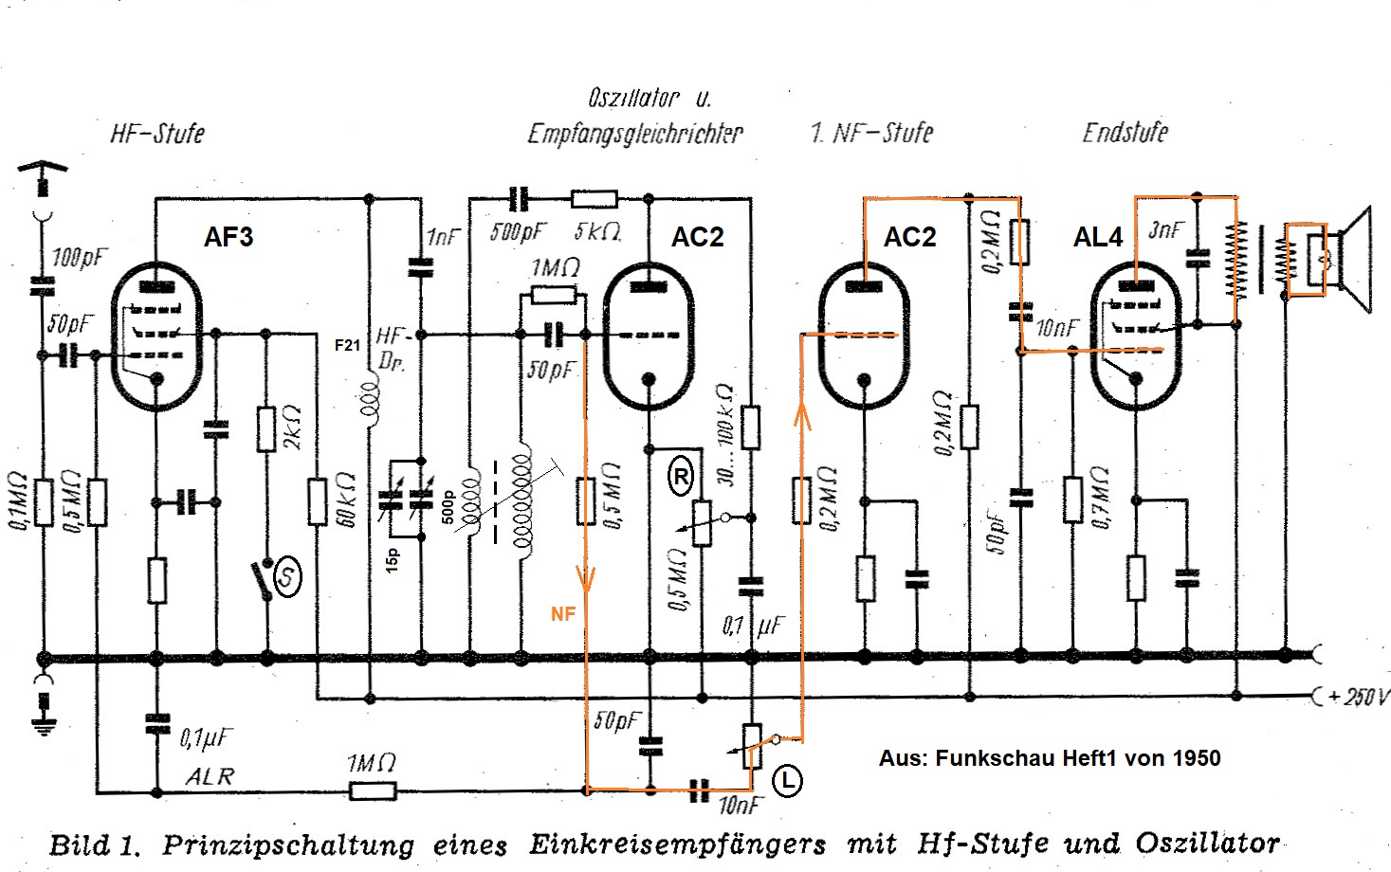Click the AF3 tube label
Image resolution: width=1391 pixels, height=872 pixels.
[x=229, y=237]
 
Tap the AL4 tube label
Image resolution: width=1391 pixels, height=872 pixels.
[x=1098, y=237]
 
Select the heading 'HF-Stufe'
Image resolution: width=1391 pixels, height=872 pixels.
[x=157, y=133]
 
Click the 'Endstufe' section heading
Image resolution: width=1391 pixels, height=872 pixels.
[x=1126, y=132]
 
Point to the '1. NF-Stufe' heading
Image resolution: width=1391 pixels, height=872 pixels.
[x=872, y=133]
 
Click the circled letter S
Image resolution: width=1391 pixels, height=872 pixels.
[x=286, y=576]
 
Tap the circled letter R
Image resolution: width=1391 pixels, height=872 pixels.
[x=681, y=477]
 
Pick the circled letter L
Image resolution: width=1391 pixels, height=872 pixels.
[x=787, y=781]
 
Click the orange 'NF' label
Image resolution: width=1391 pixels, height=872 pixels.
[x=563, y=614]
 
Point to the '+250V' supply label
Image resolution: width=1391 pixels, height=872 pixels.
[x=1358, y=698]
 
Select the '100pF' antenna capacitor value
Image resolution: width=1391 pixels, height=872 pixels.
[x=80, y=257]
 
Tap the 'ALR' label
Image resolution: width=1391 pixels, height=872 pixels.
[x=210, y=776]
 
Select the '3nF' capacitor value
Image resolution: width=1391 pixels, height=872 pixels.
[x=1165, y=230]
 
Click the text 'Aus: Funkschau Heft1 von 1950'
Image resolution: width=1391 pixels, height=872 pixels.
[x=1049, y=758]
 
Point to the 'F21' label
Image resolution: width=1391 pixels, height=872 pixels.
[x=347, y=345]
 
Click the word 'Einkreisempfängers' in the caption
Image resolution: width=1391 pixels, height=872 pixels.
[x=677, y=844]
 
